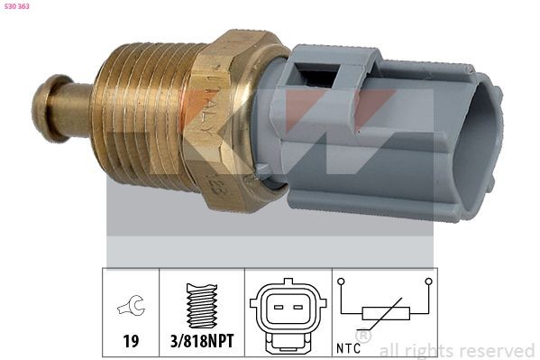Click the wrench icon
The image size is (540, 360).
(131, 309)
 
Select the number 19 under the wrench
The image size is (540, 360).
(132, 343)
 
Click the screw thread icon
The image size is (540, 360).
(202, 306)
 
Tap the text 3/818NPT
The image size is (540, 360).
(202, 343)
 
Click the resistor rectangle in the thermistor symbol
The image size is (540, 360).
(386, 314)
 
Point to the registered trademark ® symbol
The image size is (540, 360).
(364, 335)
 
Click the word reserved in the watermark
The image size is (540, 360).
(496, 350)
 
